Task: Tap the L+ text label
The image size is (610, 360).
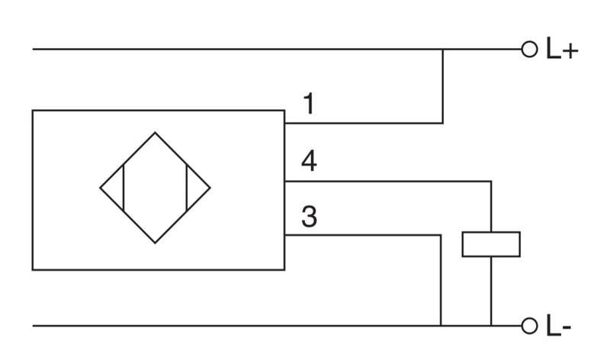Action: pyautogui.click(x=562, y=49)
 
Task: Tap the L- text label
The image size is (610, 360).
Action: pyautogui.click(x=559, y=326)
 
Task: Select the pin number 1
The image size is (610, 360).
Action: pyautogui.click(x=309, y=104)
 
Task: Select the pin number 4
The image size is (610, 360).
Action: pyautogui.click(x=309, y=161)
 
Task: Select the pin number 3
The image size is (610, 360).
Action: pyautogui.click(x=310, y=217)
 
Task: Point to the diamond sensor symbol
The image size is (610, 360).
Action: pyautogui.click(x=156, y=188)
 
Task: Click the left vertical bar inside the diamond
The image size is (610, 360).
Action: pyautogui.click(x=124, y=188)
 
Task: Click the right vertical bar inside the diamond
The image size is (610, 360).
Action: pyautogui.click(x=187, y=188)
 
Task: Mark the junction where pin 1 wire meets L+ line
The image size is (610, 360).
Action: pyautogui.click(x=443, y=50)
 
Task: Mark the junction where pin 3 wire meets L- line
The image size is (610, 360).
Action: pyautogui.click(x=441, y=326)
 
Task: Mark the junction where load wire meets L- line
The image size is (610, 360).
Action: pyautogui.click(x=491, y=326)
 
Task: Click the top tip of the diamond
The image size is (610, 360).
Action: pyautogui.click(x=156, y=132)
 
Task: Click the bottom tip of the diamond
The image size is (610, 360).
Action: pyautogui.click(x=156, y=243)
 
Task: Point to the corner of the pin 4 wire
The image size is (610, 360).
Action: pyautogui.click(x=491, y=182)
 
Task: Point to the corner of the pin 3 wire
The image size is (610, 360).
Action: pyautogui.click(x=441, y=235)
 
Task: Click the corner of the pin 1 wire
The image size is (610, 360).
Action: pyautogui.click(x=443, y=124)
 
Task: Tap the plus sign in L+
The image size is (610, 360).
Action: pyautogui.click(x=570, y=51)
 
